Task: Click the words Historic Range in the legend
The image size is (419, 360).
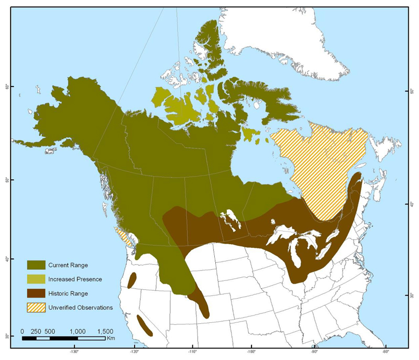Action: coord(68,293)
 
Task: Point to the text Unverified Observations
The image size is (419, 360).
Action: coord(80,308)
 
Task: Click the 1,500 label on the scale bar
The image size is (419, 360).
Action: coord(105,331)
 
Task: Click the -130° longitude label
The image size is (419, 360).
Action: coord(74,352)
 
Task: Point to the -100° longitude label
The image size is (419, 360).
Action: coord(252,352)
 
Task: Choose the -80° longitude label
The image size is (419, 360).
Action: coord(385,352)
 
